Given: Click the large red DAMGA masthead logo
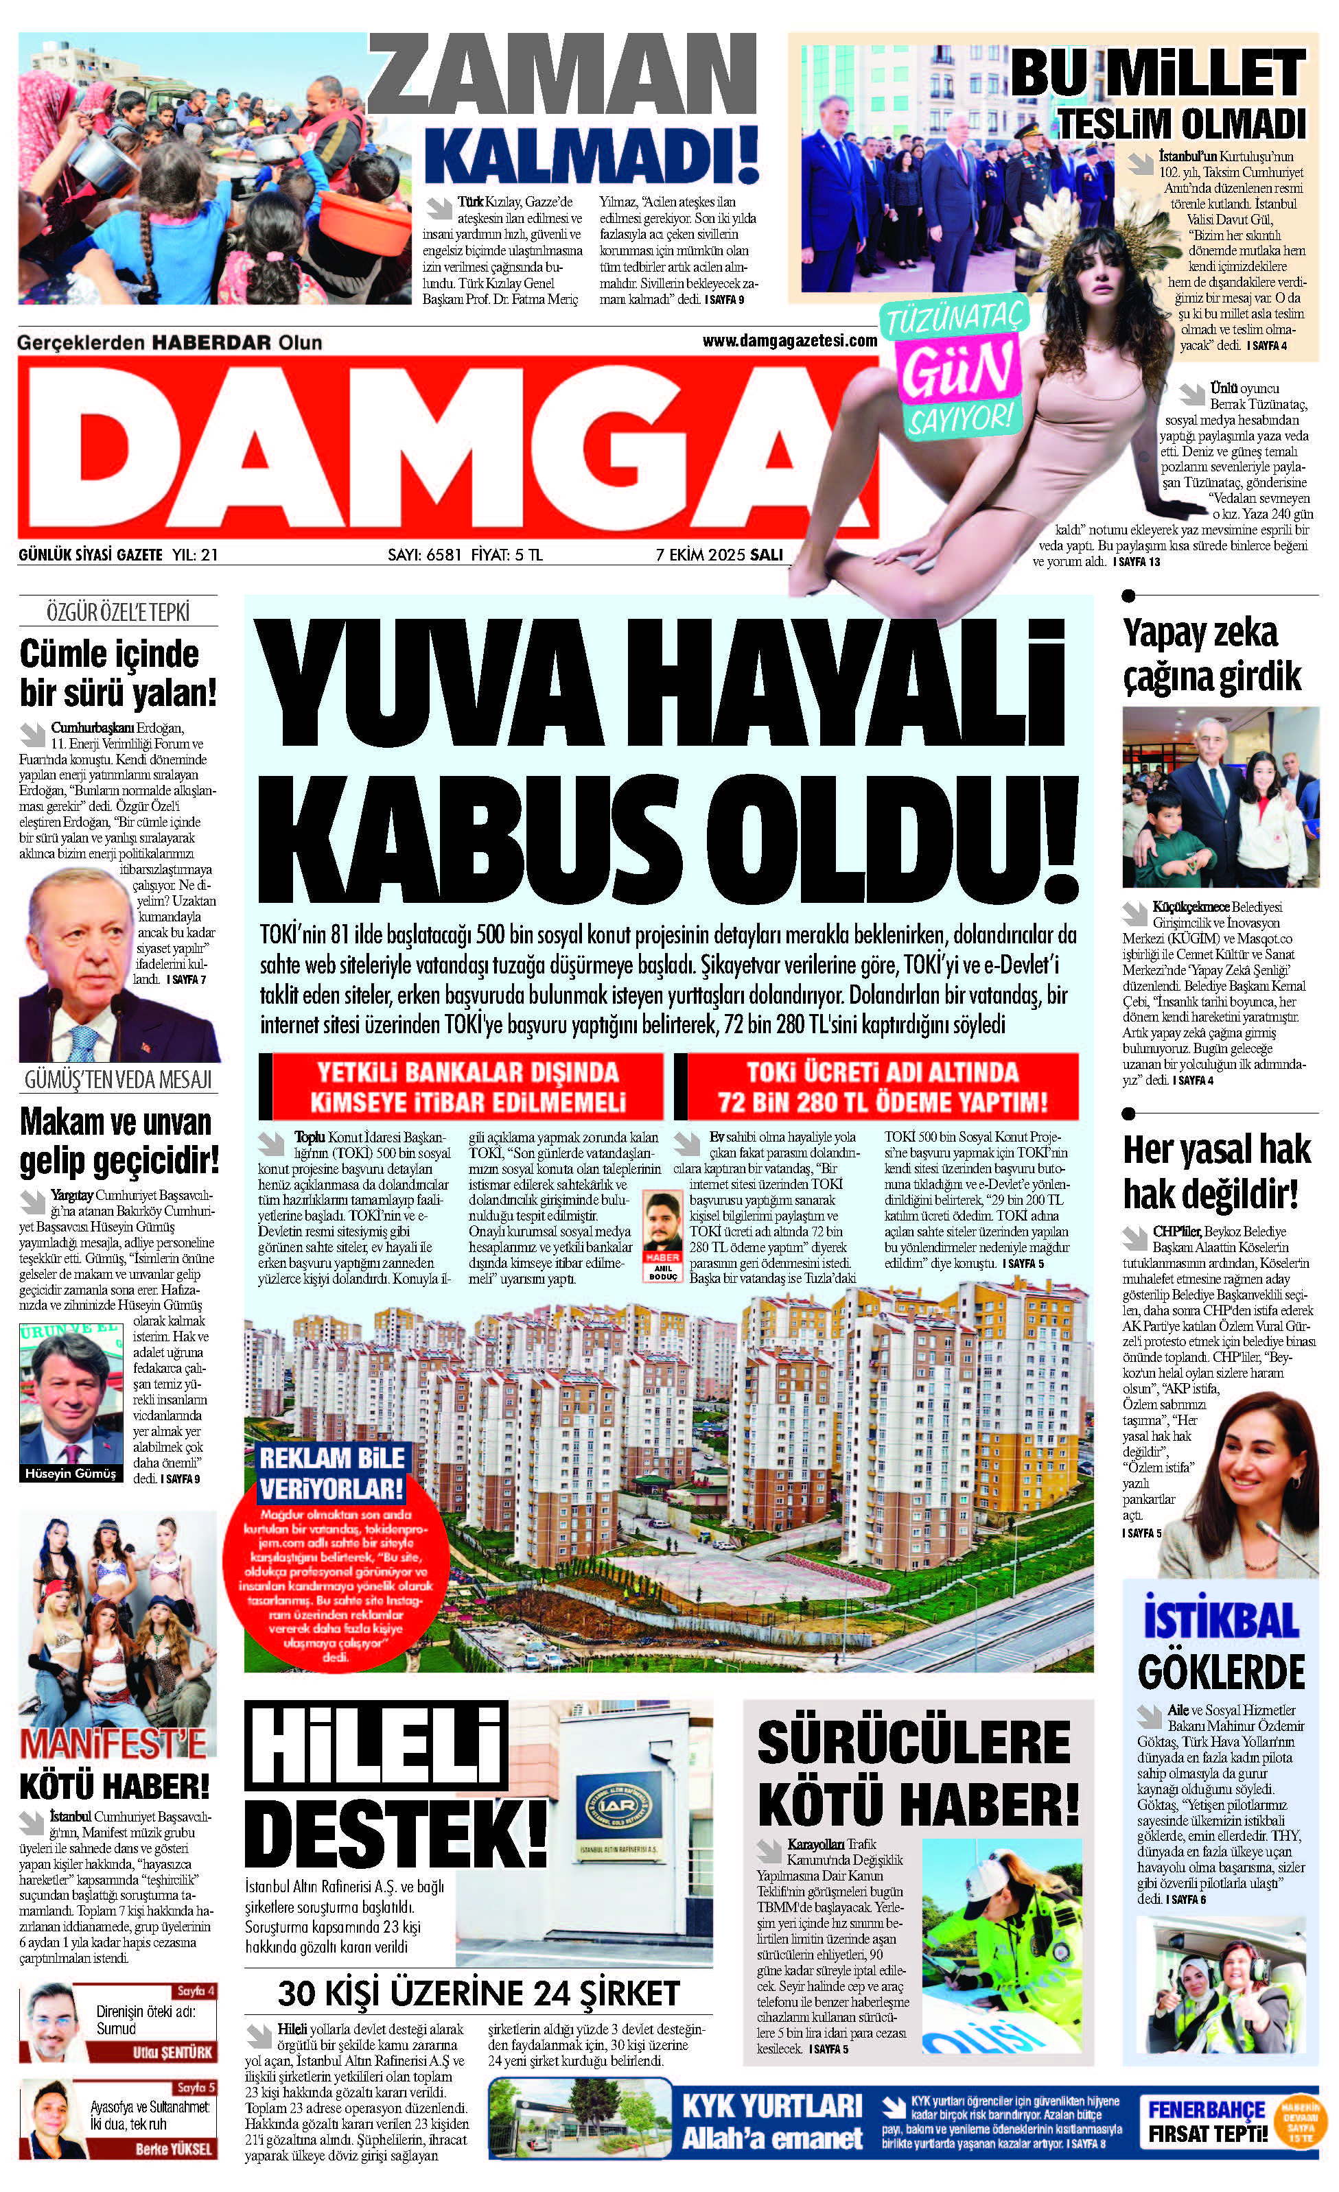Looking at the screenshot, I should [445, 449].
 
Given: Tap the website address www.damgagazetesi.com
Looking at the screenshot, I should [789, 341].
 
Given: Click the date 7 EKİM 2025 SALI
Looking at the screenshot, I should [719, 554].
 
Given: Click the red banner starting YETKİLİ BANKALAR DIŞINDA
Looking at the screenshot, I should [461, 1086].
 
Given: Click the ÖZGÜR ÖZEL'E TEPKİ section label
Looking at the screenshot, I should [117, 612].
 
